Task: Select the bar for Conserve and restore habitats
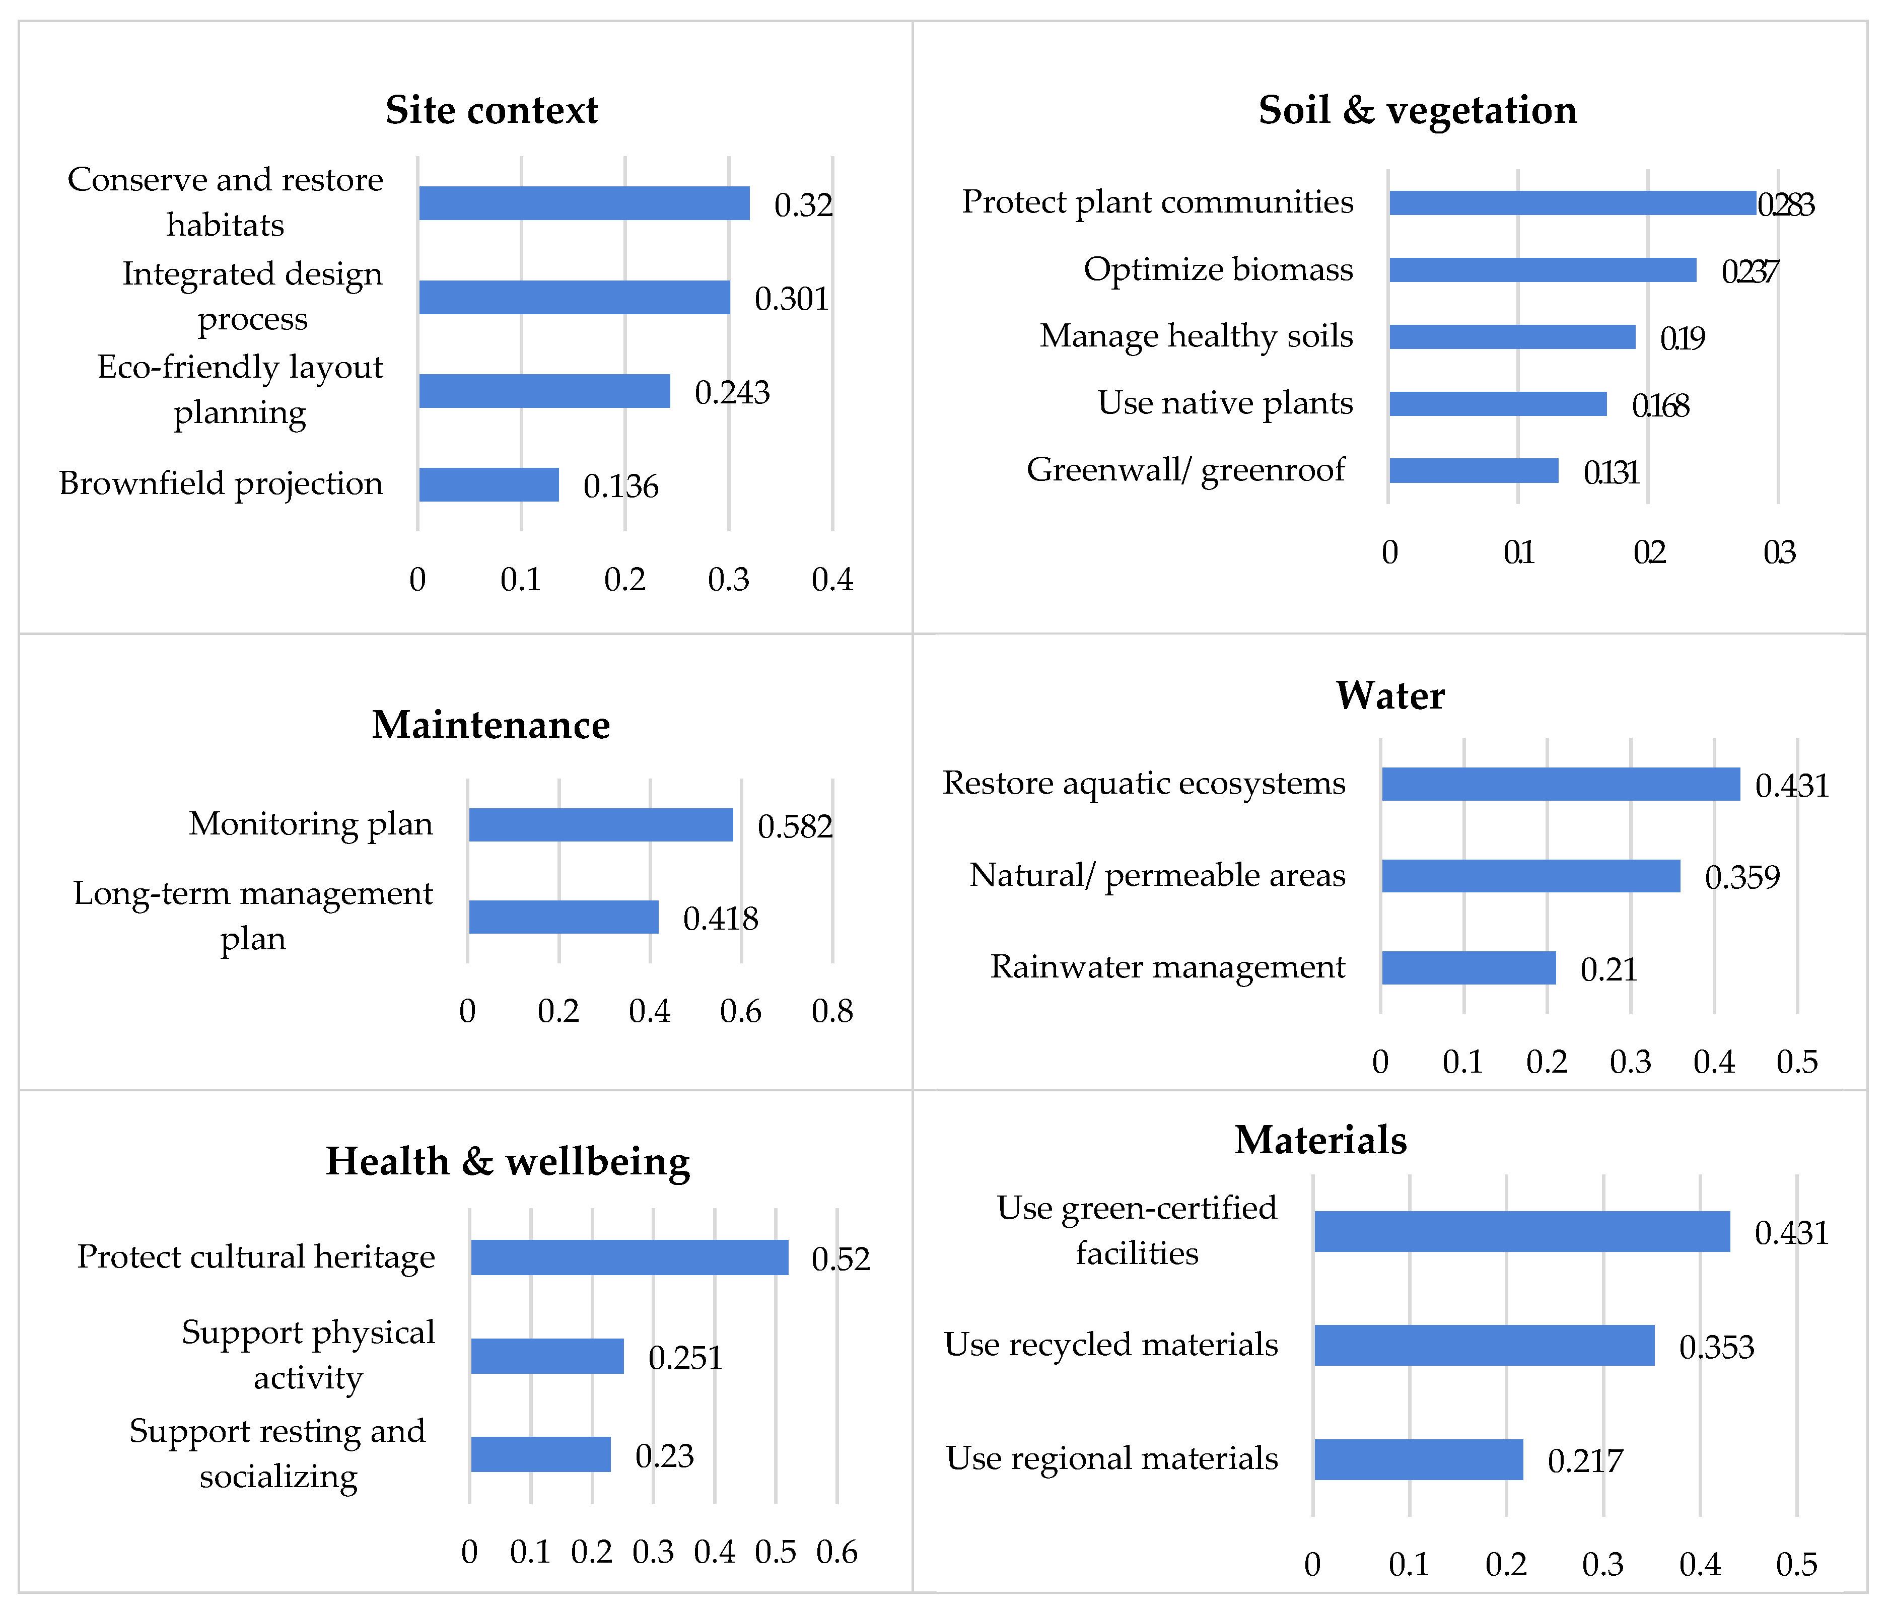coord(584,203)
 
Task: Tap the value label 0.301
coord(791,299)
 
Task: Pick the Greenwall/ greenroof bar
coord(1474,470)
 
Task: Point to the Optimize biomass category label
coord(1218,270)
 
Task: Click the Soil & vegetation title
coord(1418,110)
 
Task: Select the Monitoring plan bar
coord(600,825)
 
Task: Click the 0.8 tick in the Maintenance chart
coord(832,1012)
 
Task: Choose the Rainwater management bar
coord(1469,968)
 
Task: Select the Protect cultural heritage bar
coord(630,1257)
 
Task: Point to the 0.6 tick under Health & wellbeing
coord(836,1552)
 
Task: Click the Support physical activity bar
coord(547,1356)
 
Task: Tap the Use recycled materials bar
coord(1484,1345)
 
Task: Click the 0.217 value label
coord(1585,1461)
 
